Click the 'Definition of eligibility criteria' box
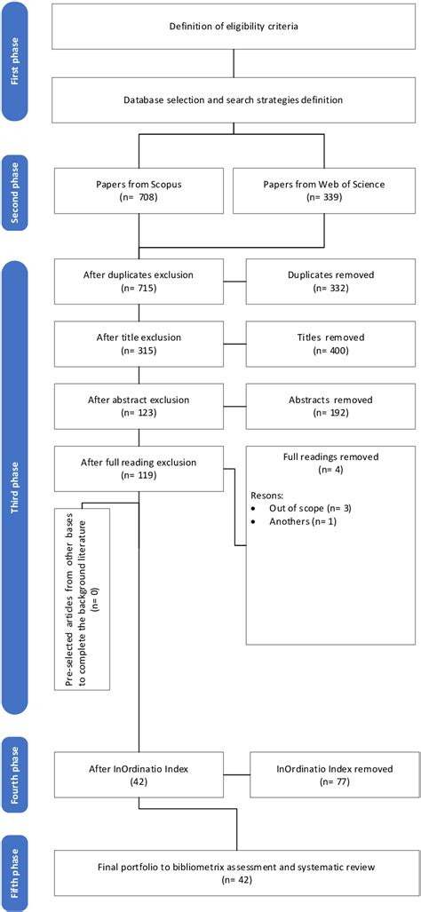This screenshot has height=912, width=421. [234, 25]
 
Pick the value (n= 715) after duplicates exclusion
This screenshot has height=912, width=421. [139, 292]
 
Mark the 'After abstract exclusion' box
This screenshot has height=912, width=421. [139, 407]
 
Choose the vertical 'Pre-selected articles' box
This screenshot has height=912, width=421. [81, 599]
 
